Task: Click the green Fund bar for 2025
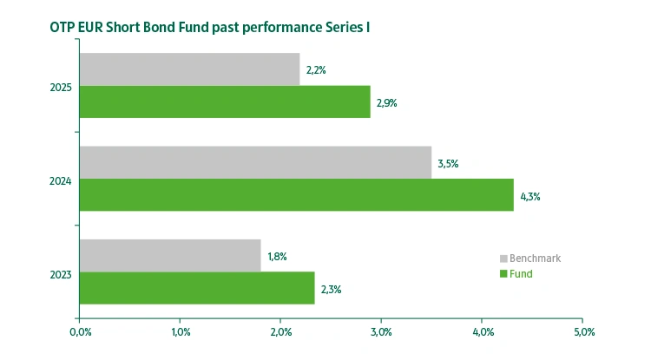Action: [225, 101]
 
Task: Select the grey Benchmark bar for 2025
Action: [189, 69]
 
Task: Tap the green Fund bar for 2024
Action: [296, 195]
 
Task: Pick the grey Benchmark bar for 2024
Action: [255, 162]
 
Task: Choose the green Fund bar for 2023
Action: [196, 288]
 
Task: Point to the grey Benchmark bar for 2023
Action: [170, 255]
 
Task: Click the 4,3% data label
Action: [530, 196]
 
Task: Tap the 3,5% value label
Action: [448, 163]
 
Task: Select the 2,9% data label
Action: [386, 102]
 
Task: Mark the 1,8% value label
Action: [277, 256]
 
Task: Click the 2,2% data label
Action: [315, 70]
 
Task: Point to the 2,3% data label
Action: [331, 289]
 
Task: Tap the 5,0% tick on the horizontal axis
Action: [584, 331]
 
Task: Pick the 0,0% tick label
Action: [79, 331]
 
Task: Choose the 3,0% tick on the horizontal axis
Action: [382, 331]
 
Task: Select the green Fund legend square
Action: [503, 274]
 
